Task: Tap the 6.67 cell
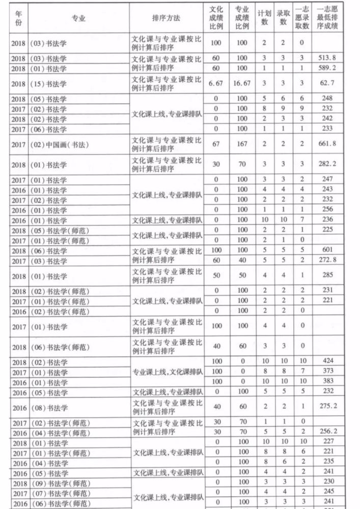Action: click(215, 83)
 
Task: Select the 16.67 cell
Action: click(242, 83)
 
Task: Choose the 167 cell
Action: click(242, 144)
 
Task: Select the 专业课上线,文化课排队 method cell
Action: click(167, 372)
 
